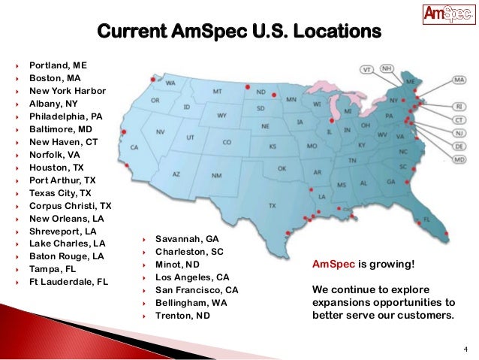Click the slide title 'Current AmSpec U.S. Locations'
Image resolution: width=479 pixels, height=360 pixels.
click(239, 34)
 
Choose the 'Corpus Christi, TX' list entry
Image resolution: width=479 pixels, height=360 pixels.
click(70, 205)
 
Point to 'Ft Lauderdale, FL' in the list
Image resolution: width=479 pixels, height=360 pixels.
click(67, 282)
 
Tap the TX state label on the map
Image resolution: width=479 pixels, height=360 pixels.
click(271, 204)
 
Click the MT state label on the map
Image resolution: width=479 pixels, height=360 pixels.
click(217, 90)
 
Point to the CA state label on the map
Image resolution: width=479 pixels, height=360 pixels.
click(135, 147)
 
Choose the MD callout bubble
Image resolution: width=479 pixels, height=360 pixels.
click(459, 159)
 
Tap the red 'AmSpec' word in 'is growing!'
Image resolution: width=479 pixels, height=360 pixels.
click(333, 265)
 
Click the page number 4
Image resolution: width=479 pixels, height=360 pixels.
click(465, 349)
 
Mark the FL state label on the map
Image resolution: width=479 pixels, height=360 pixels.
click(426, 219)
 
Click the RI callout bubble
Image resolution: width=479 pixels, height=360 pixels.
click(459, 107)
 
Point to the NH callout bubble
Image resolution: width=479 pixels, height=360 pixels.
click(387, 68)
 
